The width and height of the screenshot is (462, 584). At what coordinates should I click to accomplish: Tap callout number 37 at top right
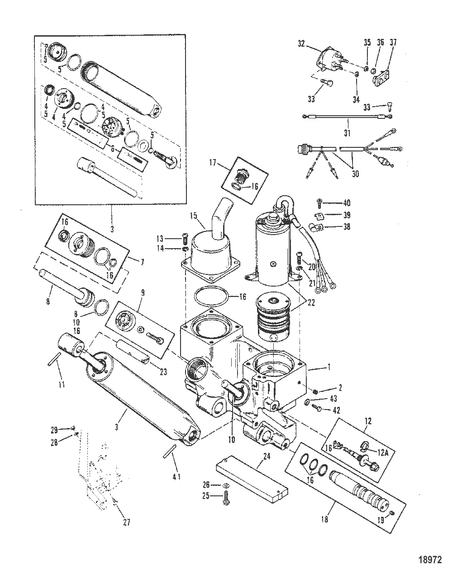393,42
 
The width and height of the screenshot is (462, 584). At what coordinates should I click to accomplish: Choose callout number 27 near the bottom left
126,522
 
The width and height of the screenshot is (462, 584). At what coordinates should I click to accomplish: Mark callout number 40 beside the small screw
347,203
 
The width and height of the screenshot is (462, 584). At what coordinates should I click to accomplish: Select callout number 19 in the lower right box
381,520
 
